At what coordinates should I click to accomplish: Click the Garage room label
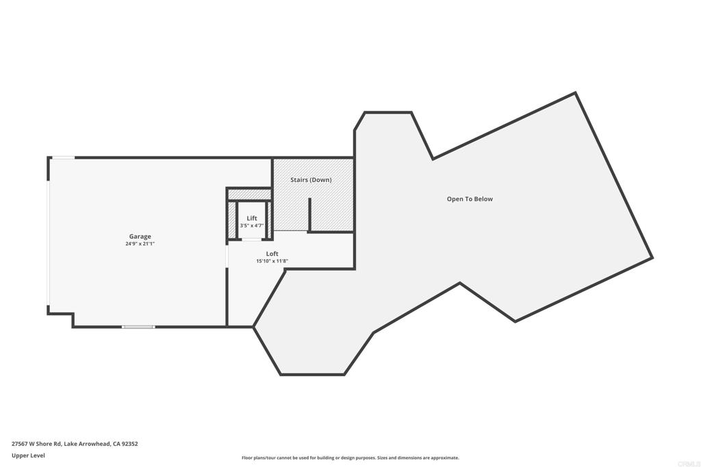coord(140,237)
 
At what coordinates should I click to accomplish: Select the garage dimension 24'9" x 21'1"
coord(140,244)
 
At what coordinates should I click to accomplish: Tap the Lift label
coord(252,218)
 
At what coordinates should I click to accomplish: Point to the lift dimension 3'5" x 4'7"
coord(252,226)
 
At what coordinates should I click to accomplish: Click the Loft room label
coord(272,254)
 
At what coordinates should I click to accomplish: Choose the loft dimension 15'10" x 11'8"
coord(272,261)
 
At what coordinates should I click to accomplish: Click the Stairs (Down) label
coord(311,180)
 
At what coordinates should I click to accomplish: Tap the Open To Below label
coord(470,199)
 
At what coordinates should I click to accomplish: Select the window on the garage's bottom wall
coord(138,327)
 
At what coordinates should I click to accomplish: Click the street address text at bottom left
coord(75,444)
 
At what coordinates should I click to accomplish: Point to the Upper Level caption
coord(28,455)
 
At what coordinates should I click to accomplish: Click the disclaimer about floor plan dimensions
coord(350,457)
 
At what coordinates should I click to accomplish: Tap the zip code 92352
coord(130,444)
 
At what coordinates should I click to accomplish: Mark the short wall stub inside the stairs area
coord(309,215)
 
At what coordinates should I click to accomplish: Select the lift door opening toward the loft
coord(252,240)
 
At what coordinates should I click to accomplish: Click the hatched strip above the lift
coord(250,195)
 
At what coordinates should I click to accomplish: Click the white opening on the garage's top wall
coord(63,157)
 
